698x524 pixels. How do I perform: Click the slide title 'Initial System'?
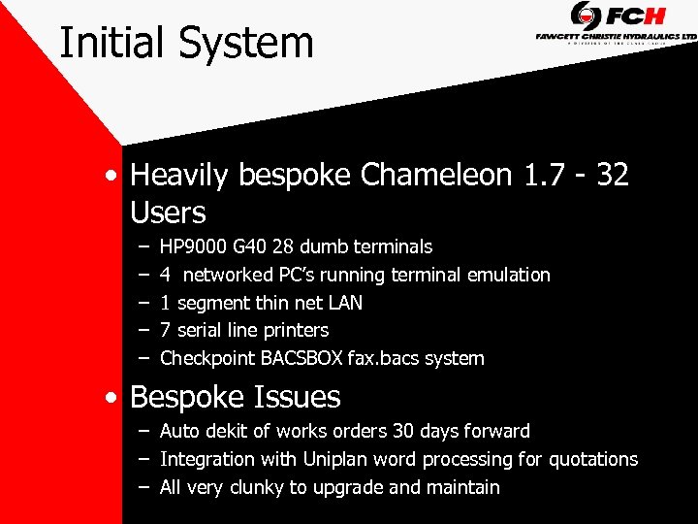tap(186, 44)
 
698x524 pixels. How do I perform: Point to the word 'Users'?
tap(168, 213)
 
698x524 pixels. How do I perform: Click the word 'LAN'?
tap(345, 303)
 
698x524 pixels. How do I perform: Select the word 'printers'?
tap(293, 331)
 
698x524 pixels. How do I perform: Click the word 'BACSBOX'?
tap(301, 359)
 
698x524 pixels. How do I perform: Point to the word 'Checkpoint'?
tap(207, 359)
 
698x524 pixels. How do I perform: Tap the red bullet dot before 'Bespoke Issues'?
tap(115, 398)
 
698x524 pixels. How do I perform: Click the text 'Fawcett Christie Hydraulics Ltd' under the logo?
tap(617, 36)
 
